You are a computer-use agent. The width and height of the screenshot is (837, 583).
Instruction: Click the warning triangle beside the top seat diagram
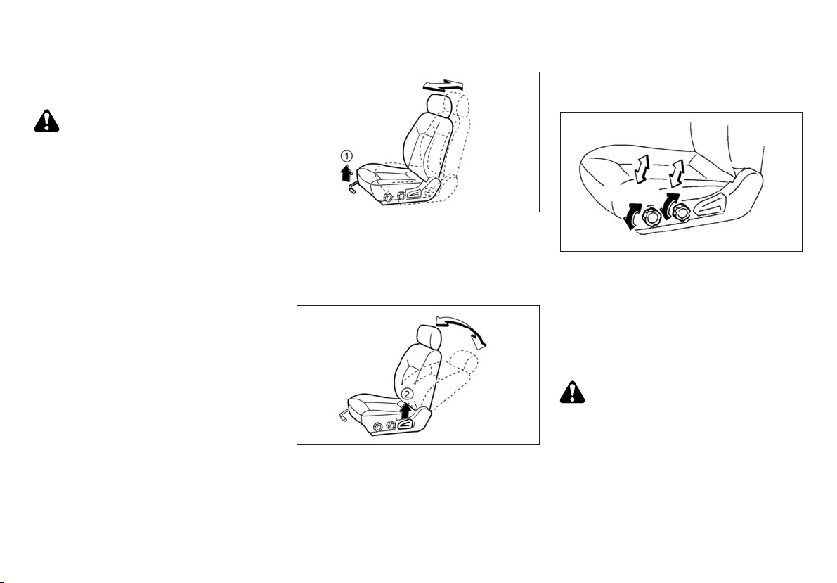46,121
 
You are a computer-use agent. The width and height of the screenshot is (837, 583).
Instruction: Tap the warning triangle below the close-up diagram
573,392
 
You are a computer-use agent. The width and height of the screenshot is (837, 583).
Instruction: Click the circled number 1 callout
347,156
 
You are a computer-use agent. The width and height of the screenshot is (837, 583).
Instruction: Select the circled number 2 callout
407,395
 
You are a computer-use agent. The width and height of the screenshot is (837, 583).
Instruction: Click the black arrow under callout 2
407,411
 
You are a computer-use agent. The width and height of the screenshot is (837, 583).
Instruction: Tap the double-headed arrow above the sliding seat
443,84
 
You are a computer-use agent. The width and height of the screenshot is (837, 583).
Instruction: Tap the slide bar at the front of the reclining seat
343,415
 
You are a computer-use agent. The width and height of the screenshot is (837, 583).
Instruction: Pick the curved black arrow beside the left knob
632,217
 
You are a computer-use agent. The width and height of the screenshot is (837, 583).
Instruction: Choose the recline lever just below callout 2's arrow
407,425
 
